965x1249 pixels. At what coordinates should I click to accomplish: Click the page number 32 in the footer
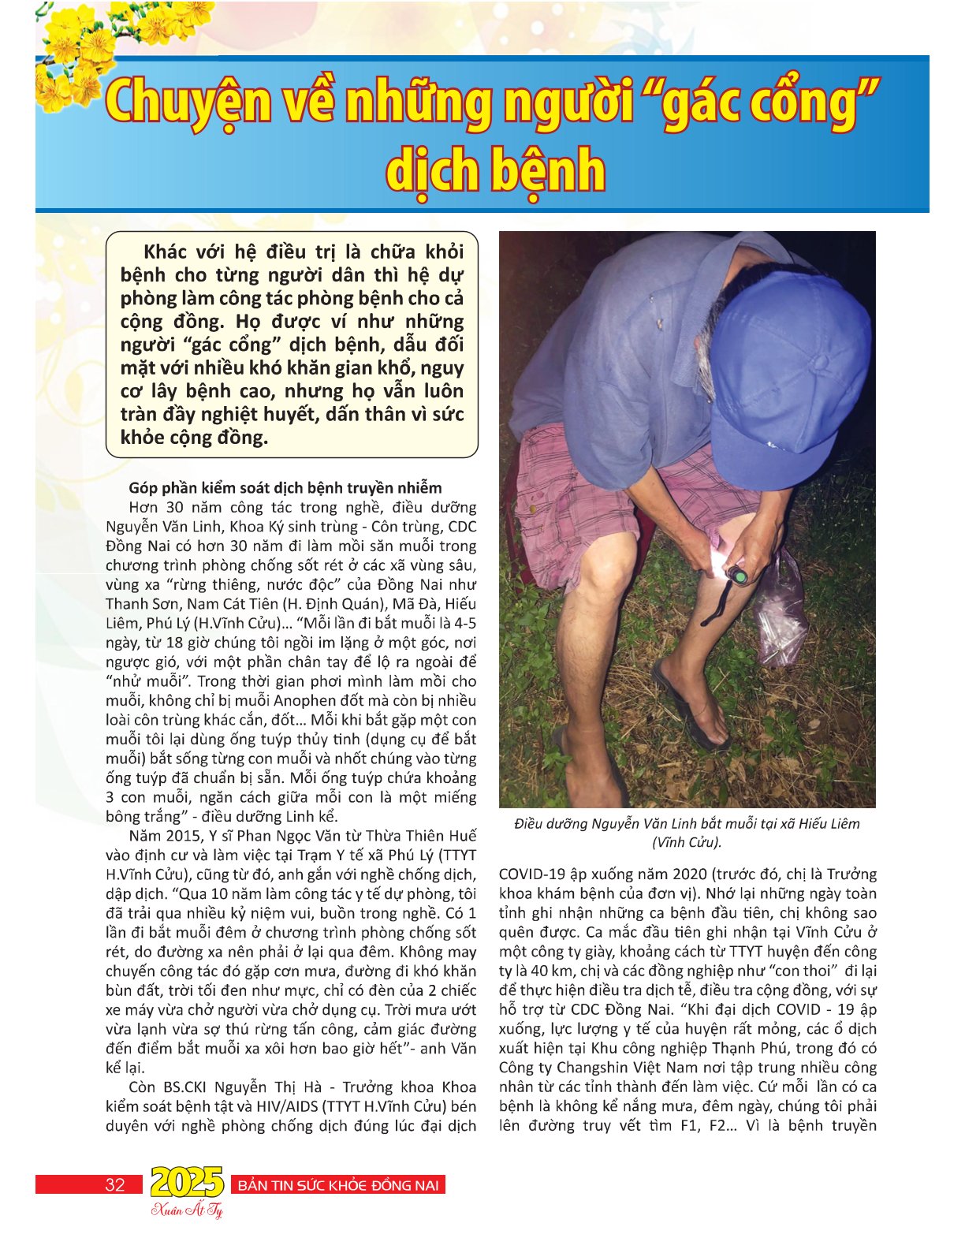[x=115, y=1184]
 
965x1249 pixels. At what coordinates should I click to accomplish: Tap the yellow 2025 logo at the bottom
[x=187, y=1182]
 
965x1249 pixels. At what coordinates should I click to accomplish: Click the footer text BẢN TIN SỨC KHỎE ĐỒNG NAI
[x=337, y=1185]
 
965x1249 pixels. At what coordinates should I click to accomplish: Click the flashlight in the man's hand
[x=738, y=575]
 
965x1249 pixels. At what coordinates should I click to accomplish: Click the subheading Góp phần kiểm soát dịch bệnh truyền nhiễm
[x=285, y=487]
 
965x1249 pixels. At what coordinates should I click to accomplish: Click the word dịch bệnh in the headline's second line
[x=496, y=169]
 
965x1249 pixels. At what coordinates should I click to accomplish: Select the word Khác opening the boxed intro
[x=165, y=252]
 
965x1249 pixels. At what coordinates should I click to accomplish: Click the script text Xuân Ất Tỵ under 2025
[x=187, y=1210]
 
